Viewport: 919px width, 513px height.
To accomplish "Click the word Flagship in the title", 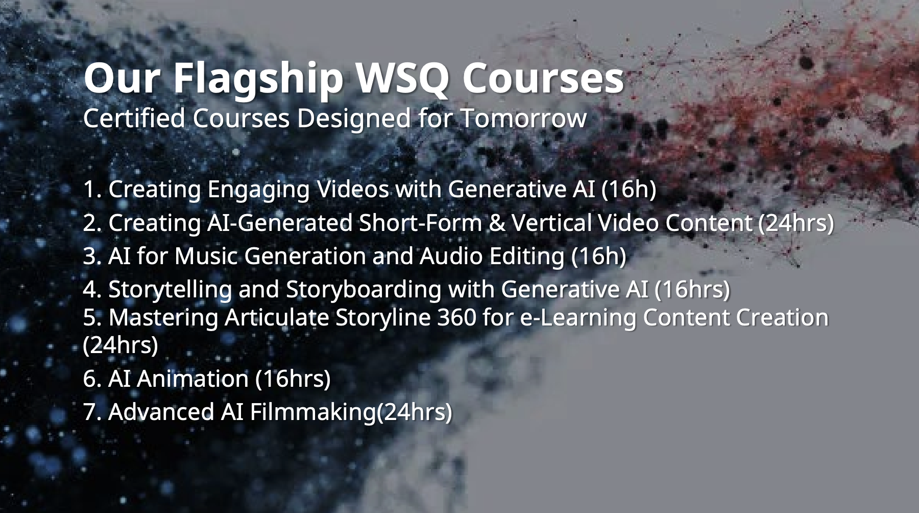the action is [x=258, y=80].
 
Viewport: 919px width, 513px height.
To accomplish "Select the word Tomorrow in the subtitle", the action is [x=523, y=119].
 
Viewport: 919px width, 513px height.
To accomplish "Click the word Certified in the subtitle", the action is [x=134, y=119].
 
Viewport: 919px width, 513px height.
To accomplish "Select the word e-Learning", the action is [x=578, y=318].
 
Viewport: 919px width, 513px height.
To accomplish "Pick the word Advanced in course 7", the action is [x=161, y=412].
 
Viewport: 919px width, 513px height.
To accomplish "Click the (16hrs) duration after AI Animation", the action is [x=293, y=379].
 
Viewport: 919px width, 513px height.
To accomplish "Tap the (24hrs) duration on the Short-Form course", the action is [x=795, y=223].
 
